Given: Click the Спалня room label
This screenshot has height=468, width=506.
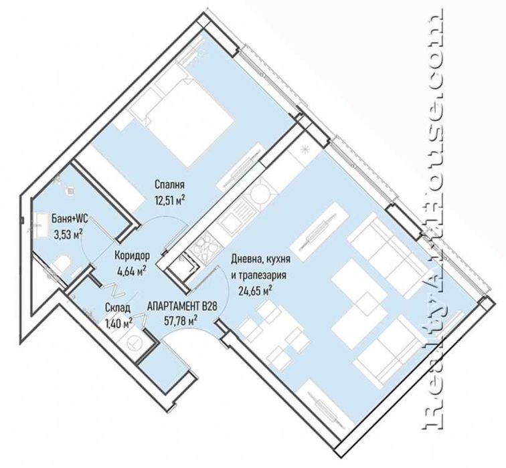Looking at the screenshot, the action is [x=169, y=185].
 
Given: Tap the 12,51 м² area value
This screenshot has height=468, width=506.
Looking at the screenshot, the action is [x=170, y=201].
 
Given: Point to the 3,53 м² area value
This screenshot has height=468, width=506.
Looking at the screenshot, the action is [x=68, y=234].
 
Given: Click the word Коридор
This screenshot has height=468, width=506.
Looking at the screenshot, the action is [x=133, y=256].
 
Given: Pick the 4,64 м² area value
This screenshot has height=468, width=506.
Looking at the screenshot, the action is [x=133, y=271].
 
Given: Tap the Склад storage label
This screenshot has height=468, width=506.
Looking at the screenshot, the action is [x=118, y=308].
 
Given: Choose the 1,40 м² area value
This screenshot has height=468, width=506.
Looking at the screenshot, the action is [x=118, y=323].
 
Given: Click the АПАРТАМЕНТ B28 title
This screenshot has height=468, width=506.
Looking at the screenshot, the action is [x=182, y=306].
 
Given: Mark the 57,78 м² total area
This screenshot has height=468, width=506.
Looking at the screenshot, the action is [x=181, y=321].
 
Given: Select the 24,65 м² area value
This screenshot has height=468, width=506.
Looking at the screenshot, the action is [x=254, y=291].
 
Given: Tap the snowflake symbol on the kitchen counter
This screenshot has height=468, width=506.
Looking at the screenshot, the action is [x=305, y=150].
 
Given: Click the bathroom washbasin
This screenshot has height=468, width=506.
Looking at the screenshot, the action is [x=39, y=223].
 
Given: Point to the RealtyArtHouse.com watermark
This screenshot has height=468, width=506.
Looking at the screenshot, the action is [x=432, y=223].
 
